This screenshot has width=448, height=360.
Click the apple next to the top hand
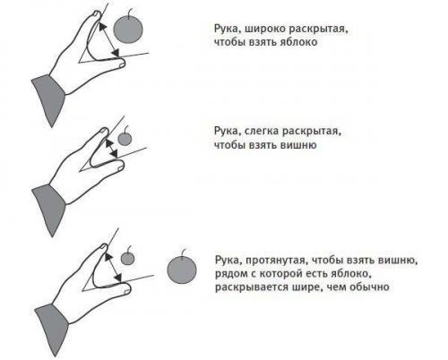point(128,29)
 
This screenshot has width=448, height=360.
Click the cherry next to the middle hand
point(125,139)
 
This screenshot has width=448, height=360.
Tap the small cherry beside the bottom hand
point(127,258)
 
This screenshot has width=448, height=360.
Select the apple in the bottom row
point(182,270)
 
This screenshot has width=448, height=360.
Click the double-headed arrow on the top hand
point(109,39)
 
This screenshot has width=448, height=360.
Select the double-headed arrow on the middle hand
point(111,149)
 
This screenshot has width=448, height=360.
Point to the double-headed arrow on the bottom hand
point(114,268)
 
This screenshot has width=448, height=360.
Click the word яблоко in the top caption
point(298,42)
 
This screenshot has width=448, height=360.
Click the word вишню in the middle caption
point(298,145)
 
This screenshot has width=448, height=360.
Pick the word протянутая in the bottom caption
point(277,261)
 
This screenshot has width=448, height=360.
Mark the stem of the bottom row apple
point(183,253)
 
